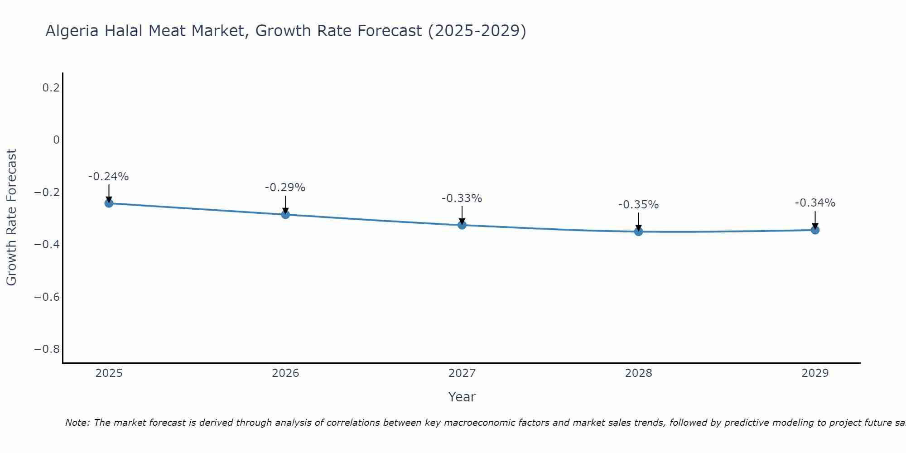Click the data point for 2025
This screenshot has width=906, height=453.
[x=109, y=203]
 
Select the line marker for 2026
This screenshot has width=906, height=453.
[x=285, y=214]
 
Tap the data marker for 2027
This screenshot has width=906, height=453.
[x=462, y=225]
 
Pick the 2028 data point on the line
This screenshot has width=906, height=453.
[x=638, y=231]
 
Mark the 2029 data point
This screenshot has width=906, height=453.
[x=815, y=230]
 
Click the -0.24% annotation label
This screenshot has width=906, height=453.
[x=108, y=177]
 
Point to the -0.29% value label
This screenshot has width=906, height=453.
[x=285, y=188]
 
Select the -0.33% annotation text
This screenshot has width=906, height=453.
[x=462, y=198]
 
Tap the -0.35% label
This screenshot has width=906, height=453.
[x=638, y=205]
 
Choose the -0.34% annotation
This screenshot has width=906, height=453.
[x=815, y=203]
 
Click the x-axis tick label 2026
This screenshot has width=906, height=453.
[x=285, y=373]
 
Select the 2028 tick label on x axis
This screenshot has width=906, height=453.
[x=638, y=373]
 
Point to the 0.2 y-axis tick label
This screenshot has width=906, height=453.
[x=51, y=88]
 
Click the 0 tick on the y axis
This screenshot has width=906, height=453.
[x=56, y=140]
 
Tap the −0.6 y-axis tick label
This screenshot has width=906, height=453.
[x=47, y=297]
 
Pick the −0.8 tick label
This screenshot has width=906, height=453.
[x=47, y=349]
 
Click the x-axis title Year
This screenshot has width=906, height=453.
[x=462, y=397]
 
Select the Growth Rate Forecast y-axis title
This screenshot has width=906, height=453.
[x=11, y=217]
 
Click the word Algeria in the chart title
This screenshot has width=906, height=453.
[x=72, y=31]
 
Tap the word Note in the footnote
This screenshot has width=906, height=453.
[x=77, y=423]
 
